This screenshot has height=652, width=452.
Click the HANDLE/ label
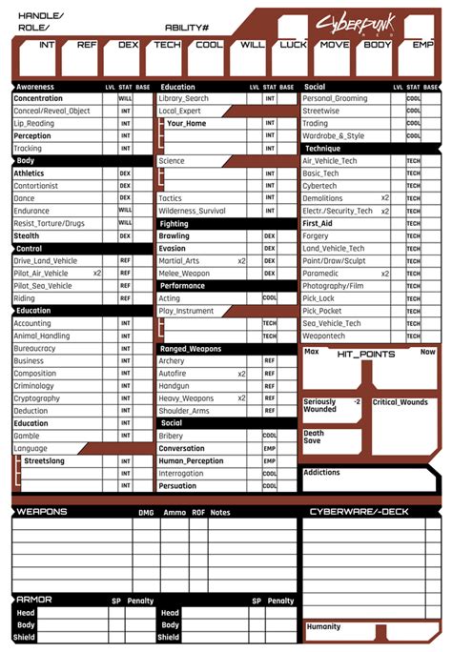pos(40,16)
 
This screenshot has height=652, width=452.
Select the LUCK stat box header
pos(294,45)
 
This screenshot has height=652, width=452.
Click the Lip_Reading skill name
pos(34,124)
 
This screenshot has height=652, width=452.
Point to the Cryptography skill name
pos(37,398)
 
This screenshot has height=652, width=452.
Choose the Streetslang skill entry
pos(46,460)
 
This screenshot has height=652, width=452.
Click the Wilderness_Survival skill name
pos(193,211)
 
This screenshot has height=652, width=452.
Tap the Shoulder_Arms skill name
pos(186,411)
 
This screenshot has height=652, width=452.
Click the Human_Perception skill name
pos(192,461)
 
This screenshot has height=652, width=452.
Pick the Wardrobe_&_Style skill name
pos(334,136)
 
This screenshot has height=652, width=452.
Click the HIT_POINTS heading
pos(366,355)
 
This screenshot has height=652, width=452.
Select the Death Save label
pos(314,437)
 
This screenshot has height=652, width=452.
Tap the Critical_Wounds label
pos(401,402)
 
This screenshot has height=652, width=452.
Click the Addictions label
pos(321,473)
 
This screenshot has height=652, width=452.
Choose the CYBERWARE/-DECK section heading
pos(359,512)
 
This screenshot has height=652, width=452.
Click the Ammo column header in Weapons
pos(174,513)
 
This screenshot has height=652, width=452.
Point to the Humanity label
pos(323,626)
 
